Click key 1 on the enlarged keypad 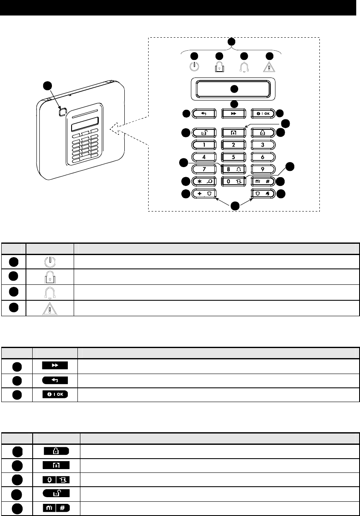click(x=204, y=145)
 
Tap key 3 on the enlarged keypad click(x=262, y=145)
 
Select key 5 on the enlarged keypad click(x=233, y=157)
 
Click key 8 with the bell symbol click(x=233, y=170)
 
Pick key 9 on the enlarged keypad click(x=262, y=170)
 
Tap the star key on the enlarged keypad click(x=204, y=182)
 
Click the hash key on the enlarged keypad click(x=262, y=182)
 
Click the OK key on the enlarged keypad click(x=262, y=113)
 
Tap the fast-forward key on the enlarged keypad click(x=233, y=113)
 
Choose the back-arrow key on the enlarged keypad click(x=204, y=113)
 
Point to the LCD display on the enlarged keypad click(x=233, y=89)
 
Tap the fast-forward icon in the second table click(x=55, y=366)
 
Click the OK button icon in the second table click(x=55, y=395)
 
